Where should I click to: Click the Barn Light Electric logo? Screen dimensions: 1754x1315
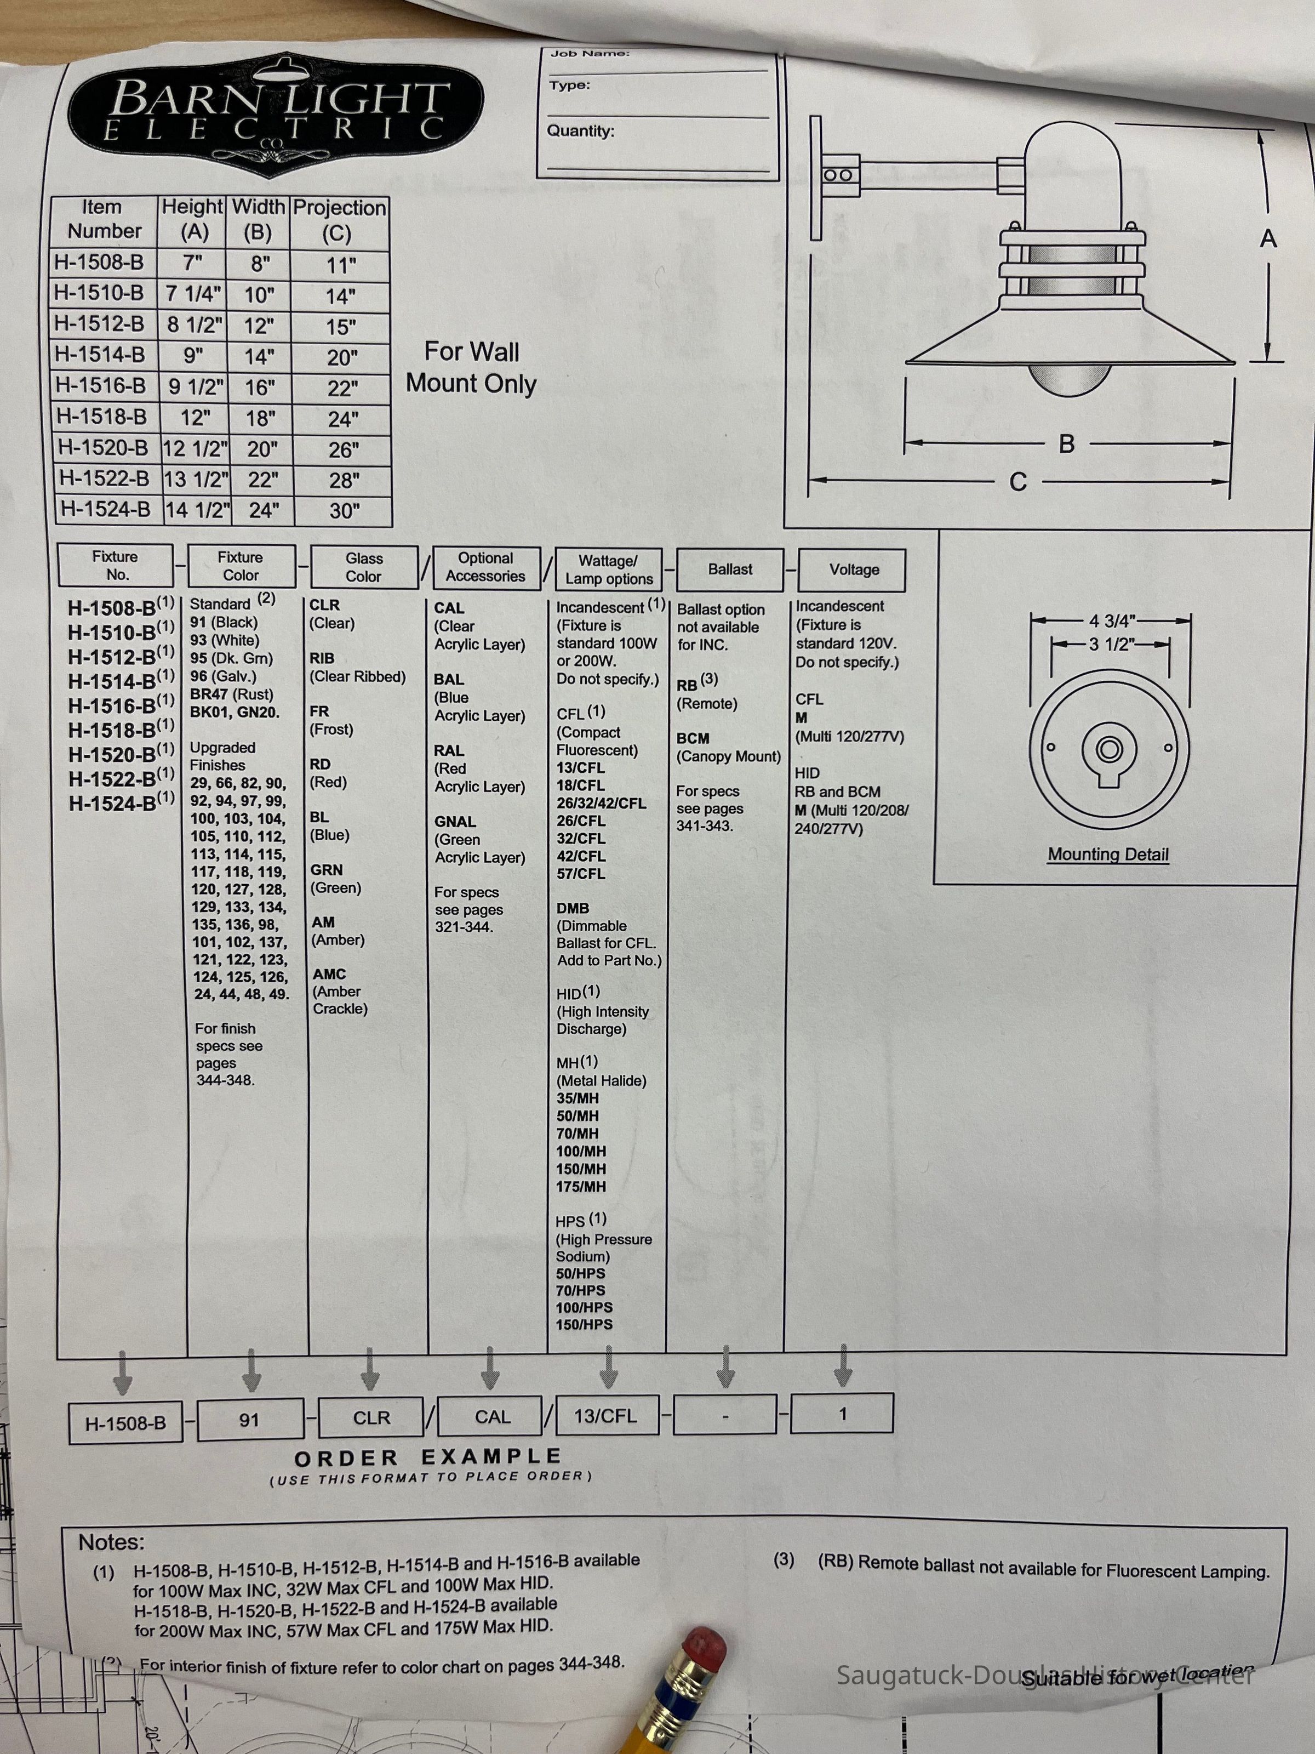(275, 112)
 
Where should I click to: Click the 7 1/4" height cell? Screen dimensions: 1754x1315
(193, 294)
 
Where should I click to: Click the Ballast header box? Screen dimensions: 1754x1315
(730, 570)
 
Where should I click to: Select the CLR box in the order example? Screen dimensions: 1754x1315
(371, 1417)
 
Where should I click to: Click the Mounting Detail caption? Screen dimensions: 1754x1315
(1107, 854)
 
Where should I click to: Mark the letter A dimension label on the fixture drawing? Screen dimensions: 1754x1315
(1268, 238)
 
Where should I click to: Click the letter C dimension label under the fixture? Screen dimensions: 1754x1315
(1018, 481)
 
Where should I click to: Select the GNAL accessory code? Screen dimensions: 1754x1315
(455, 822)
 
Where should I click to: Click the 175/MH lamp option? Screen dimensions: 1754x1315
(581, 1186)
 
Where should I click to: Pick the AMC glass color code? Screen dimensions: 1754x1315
(329, 973)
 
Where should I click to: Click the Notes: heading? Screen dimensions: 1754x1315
(111, 1542)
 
